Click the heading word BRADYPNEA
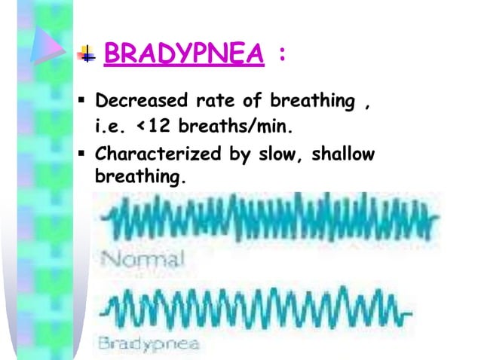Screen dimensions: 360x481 (183, 54)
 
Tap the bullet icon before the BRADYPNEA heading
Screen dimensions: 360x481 (87, 55)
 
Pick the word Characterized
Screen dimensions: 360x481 (154, 154)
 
